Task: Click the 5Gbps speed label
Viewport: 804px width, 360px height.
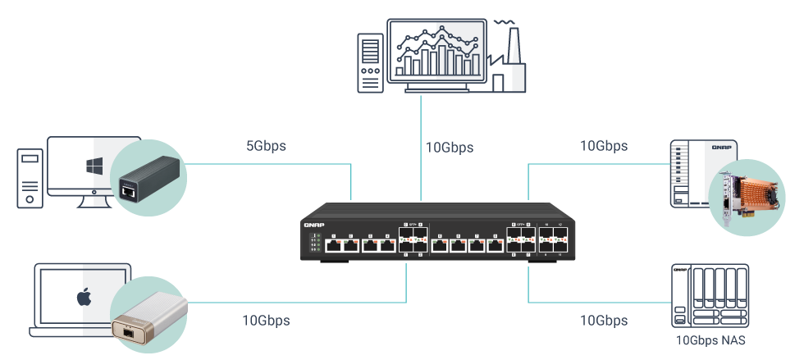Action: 266,148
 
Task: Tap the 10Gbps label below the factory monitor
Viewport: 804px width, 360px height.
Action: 450,148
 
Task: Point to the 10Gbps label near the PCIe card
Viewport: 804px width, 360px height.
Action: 604,147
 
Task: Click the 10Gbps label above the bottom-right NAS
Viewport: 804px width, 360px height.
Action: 604,321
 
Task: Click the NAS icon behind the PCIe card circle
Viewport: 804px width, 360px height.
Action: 685,174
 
